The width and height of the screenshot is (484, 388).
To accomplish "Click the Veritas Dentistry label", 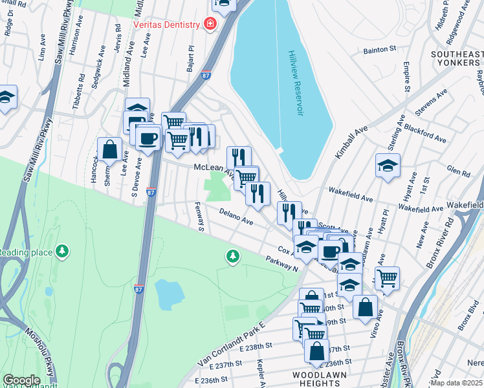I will (166, 25).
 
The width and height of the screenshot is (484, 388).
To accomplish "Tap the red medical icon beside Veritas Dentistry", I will (210, 25).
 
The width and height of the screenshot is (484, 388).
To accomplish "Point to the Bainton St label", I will (380, 49).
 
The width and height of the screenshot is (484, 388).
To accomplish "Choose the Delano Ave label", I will (236, 216).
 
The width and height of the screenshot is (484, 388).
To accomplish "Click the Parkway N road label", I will (281, 263).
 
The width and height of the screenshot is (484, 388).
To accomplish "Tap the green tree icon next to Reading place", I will (61, 251).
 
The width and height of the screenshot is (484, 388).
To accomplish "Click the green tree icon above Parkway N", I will (232, 257).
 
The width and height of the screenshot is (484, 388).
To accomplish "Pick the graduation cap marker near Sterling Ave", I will (388, 166).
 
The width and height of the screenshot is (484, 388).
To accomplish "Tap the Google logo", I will (21, 380).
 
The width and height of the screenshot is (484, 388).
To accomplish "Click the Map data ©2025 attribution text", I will (456, 383).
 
